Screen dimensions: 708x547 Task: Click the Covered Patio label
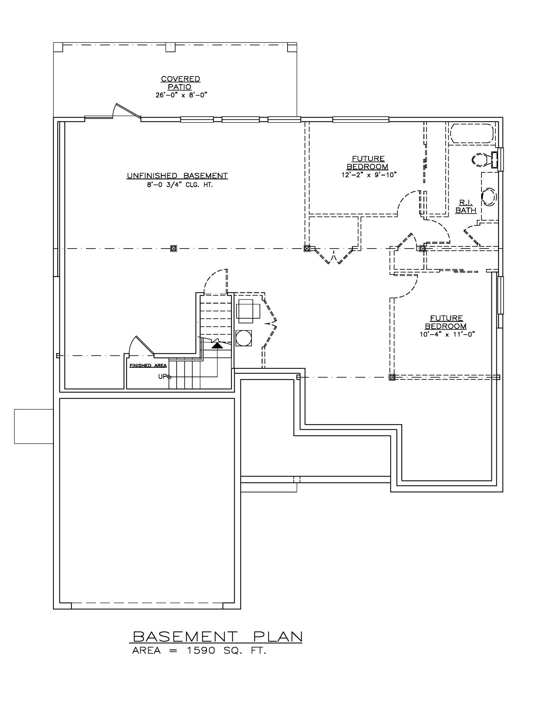181,83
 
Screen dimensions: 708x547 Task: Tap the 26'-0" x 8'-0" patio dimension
181,95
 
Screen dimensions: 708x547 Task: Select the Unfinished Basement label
177,176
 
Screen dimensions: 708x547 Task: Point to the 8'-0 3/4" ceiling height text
180,185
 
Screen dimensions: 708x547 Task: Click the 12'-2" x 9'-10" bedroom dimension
368,175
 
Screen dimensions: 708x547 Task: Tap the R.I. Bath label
466,206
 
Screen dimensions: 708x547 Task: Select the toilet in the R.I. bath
482,160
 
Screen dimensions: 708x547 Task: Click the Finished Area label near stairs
148,365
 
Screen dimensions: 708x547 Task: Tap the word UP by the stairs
162,377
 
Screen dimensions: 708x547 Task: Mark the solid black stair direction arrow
217,345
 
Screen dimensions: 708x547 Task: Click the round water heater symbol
244,338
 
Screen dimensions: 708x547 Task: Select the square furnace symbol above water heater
249,310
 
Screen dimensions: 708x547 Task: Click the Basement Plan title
217,636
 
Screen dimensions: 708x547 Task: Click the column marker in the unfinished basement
173,249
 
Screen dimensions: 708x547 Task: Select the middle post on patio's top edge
171,47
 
